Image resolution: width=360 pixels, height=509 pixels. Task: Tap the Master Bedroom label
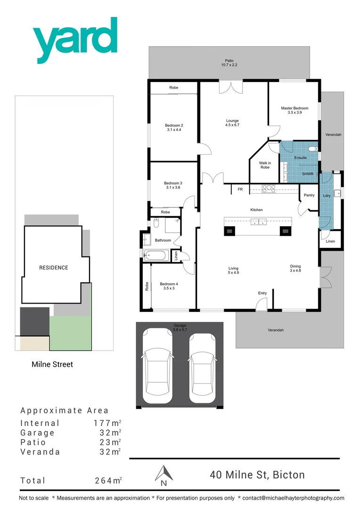[x=295, y=110]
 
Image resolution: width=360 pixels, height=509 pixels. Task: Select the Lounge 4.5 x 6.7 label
[x=232, y=123]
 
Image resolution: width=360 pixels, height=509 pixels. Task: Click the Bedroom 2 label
[x=173, y=127]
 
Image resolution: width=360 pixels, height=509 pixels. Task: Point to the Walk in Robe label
[x=265, y=165]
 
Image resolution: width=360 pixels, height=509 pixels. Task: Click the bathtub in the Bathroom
[x=155, y=256]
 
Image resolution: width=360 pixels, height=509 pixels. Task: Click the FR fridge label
[x=240, y=189]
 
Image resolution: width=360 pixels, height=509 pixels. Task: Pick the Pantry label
[x=309, y=195]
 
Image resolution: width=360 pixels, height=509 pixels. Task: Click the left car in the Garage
[x=157, y=367]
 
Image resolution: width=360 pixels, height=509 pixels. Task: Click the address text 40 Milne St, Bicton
[x=257, y=475]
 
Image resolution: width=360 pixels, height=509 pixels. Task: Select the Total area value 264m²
[x=108, y=480]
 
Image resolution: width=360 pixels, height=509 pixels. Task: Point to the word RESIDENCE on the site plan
[x=54, y=268]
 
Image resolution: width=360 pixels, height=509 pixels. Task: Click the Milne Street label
[x=52, y=364]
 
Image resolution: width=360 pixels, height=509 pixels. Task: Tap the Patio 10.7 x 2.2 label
[x=229, y=62]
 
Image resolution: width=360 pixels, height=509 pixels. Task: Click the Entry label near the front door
[x=262, y=293]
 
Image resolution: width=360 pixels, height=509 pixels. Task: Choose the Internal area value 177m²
[x=108, y=423]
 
